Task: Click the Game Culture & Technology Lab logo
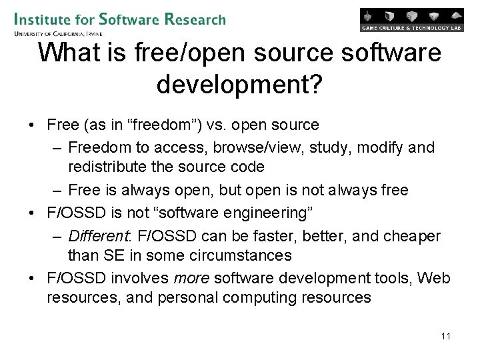click(x=411, y=20)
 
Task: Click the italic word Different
click(x=99, y=237)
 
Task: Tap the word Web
click(x=433, y=278)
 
